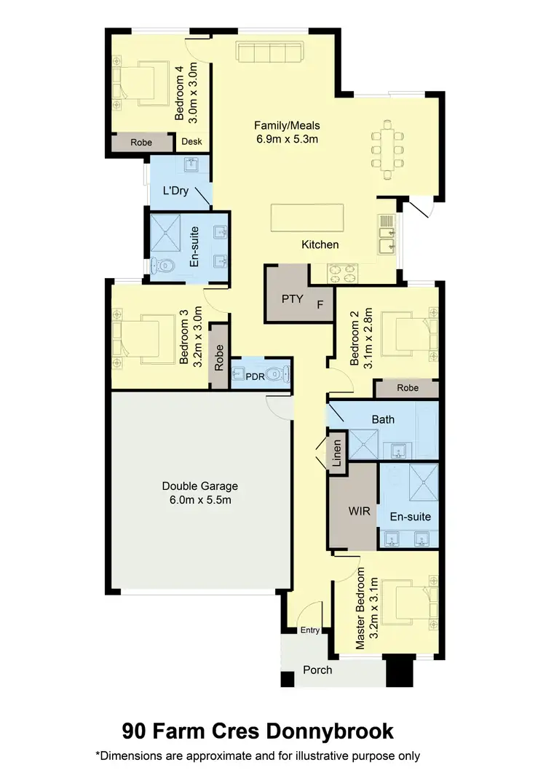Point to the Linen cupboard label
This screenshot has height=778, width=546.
[x=336, y=454]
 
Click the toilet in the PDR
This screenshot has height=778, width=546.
[x=275, y=375]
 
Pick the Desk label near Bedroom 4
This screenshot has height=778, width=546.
[x=191, y=142]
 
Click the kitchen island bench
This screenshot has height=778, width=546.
[x=307, y=217]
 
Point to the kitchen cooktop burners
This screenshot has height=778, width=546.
[x=343, y=272]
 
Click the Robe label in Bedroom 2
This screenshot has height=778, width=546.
[x=408, y=388]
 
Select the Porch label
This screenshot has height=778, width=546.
[x=317, y=670]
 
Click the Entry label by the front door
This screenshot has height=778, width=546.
[x=309, y=630]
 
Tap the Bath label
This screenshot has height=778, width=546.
[x=383, y=419]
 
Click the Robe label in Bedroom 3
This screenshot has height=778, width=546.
[x=219, y=353]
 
